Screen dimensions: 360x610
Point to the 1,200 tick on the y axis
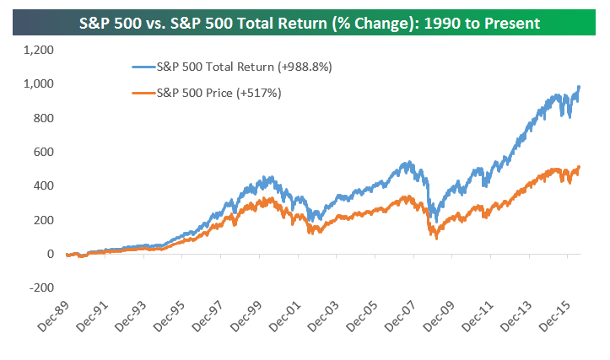coord(38,50)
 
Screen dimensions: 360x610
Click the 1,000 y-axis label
coord(38,83)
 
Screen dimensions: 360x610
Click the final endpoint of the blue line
coord(580,86)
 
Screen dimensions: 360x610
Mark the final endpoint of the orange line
coord(580,166)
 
